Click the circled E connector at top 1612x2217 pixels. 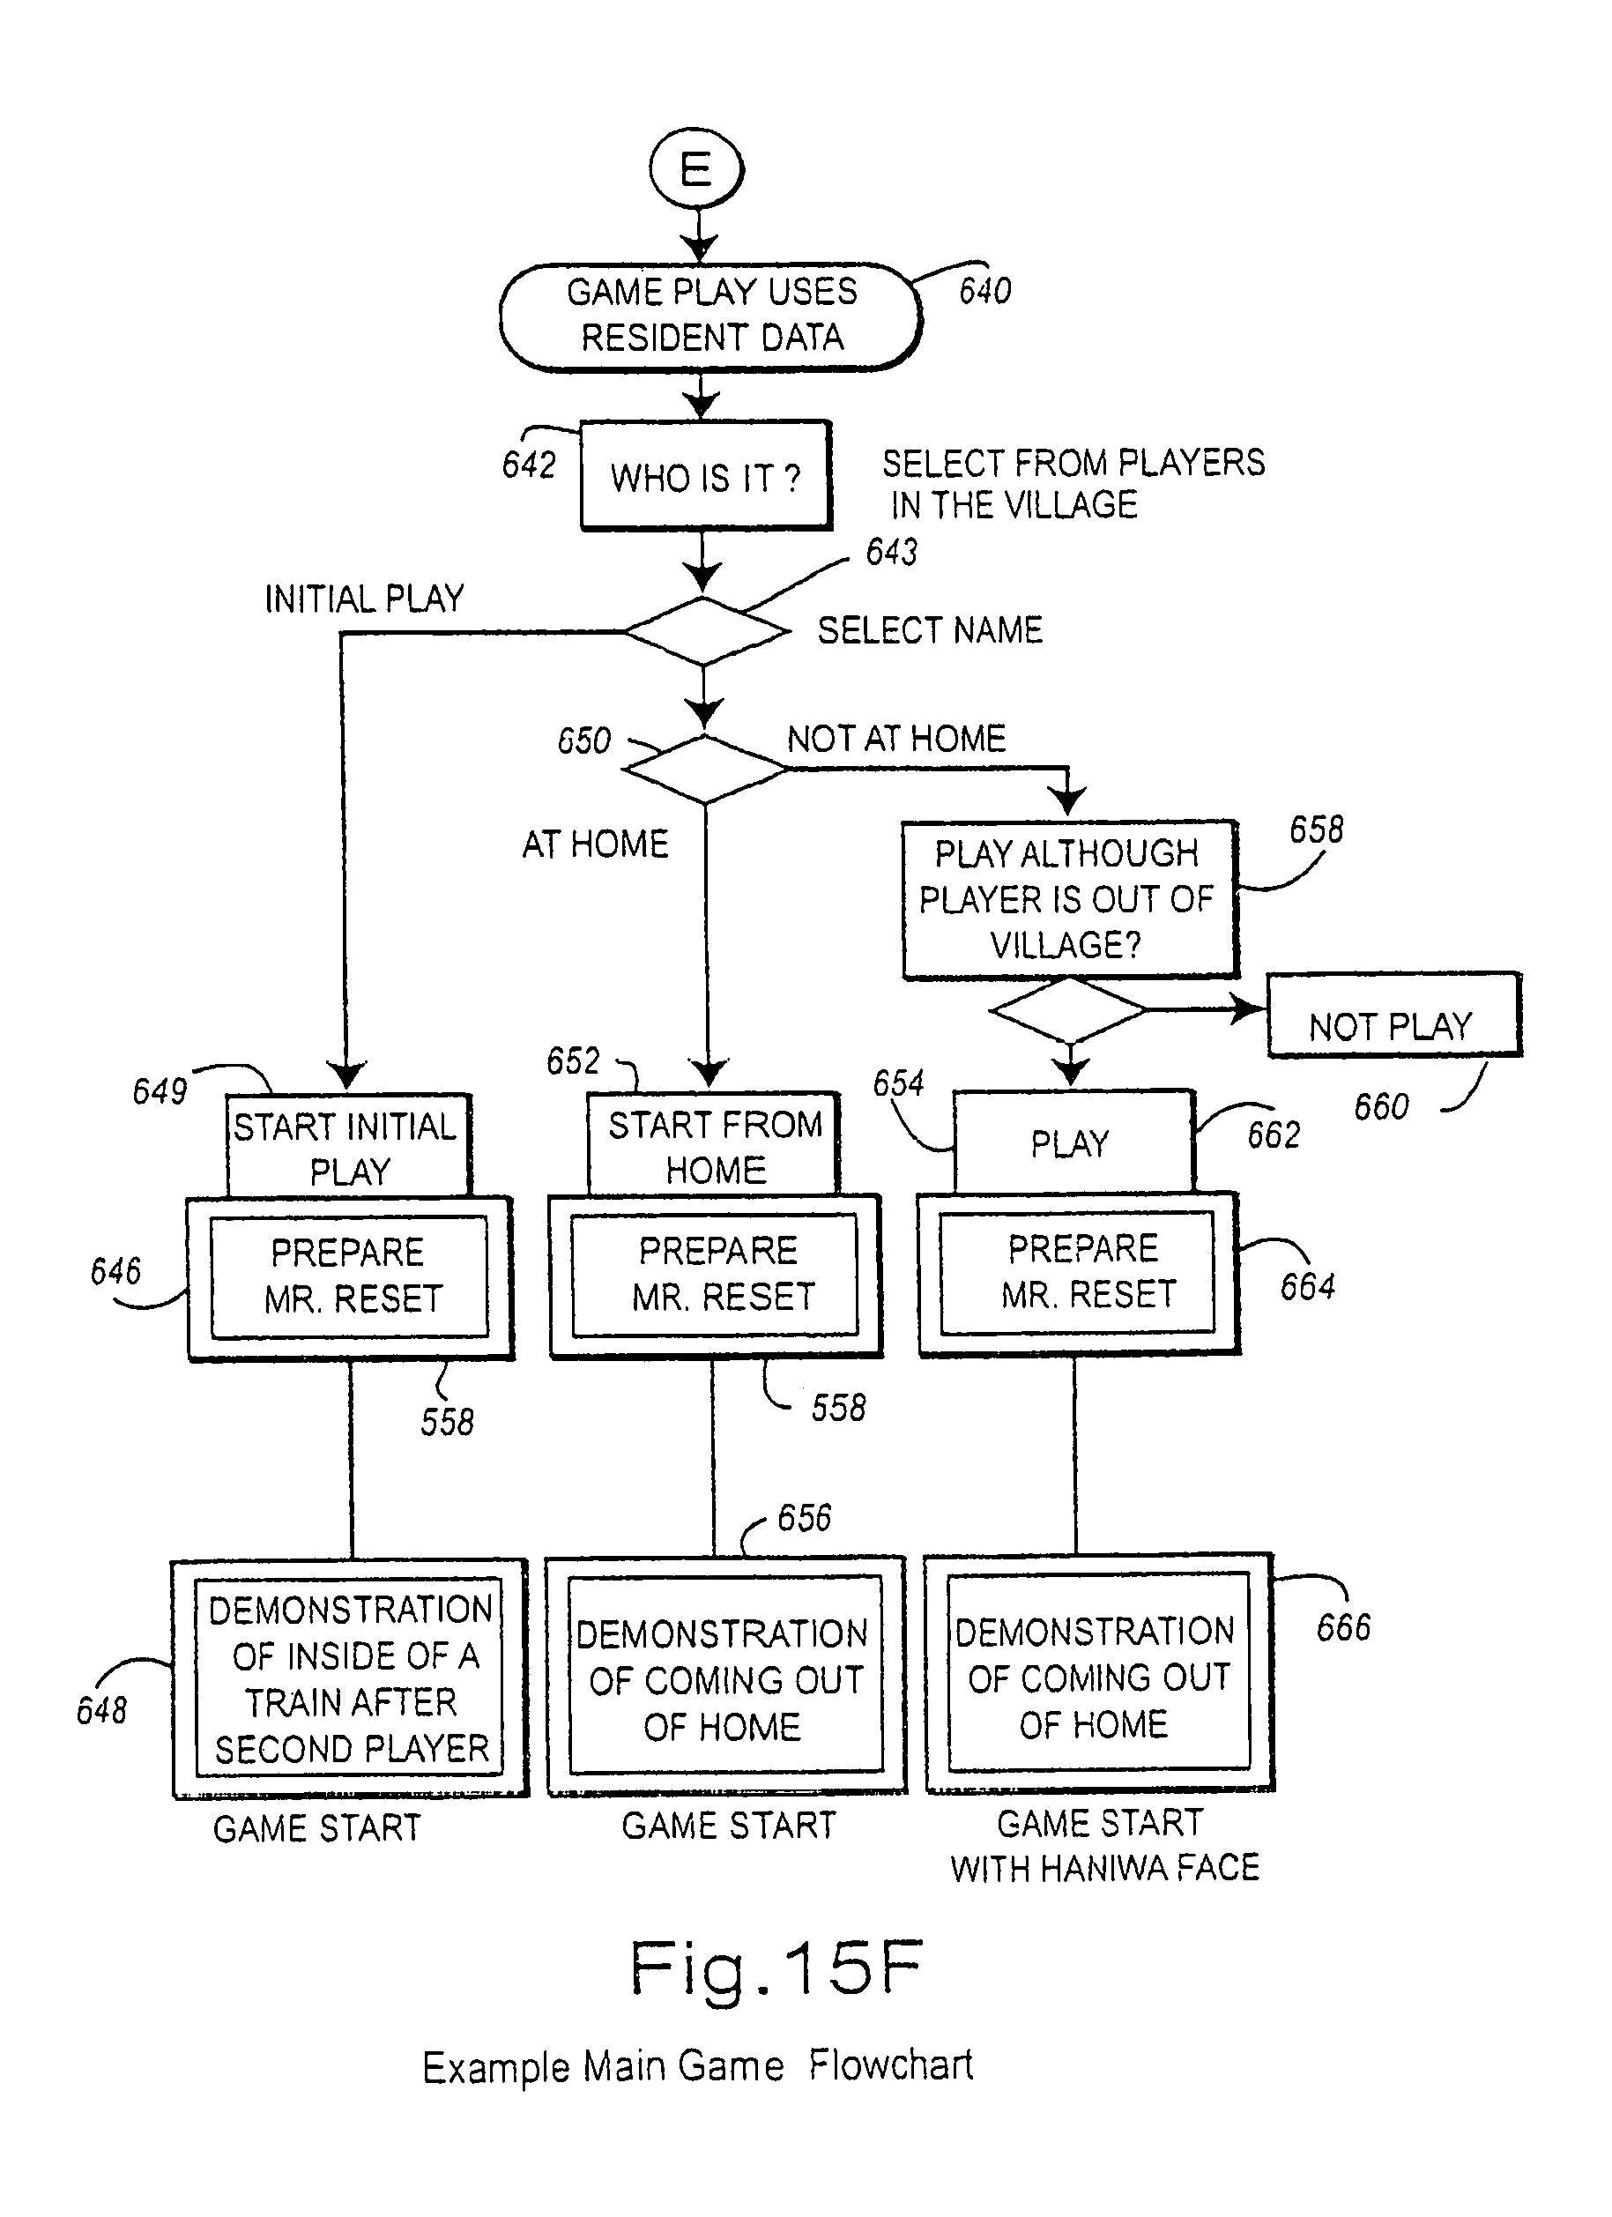point(696,169)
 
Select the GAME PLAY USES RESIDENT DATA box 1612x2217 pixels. point(710,316)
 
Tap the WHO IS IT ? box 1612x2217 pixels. point(705,477)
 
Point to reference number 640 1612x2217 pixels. point(984,291)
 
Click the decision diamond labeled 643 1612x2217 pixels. point(705,632)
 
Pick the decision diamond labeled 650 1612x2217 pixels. point(705,770)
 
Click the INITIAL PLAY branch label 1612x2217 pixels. point(364,599)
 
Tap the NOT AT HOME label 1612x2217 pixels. point(896,739)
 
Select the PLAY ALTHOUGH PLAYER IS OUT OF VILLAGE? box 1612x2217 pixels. point(1068,899)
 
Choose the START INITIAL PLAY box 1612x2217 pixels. point(348,1148)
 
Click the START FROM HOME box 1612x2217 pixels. point(714,1146)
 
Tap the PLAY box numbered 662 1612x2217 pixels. point(1073,1142)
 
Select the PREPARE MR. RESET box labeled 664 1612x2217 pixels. point(1078,1273)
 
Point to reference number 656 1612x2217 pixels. point(804,1518)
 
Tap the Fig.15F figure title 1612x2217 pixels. point(776,1968)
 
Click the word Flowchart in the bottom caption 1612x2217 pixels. point(890,2065)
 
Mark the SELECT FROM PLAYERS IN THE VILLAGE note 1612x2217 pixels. point(1073,484)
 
